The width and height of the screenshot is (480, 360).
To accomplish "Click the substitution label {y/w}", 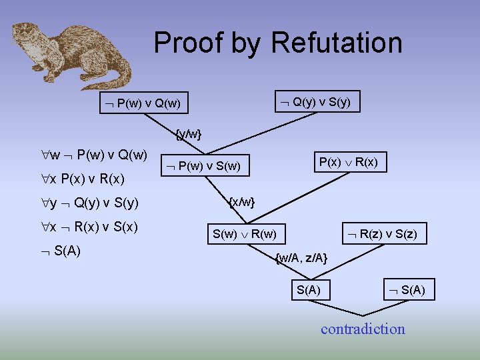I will (x=188, y=134).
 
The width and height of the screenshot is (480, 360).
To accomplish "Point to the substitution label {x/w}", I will (x=242, y=201).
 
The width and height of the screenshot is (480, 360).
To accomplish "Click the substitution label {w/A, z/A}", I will (x=301, y=258).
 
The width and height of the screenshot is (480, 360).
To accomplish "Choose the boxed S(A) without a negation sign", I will (x=307, y=289).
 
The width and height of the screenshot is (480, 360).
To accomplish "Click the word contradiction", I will (x=363, y=329).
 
